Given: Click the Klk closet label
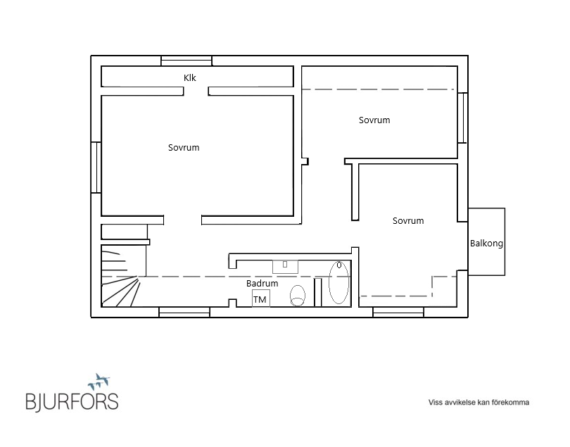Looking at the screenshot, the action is tap(190, 78).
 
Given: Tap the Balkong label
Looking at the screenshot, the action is tap(486, 244).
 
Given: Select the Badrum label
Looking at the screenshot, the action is tap(262, 283).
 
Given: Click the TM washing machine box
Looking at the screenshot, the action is tap(261, 298).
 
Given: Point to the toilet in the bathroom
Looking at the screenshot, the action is tap(298, 296).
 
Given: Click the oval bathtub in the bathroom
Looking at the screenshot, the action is tap(338, 282).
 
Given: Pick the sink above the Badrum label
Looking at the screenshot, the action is tap(286, 267).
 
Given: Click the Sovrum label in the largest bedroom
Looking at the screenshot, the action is tap(184, 148).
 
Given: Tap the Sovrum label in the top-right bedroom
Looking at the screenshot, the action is tap(374, 120).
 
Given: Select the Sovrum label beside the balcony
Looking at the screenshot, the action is tap(408, 221).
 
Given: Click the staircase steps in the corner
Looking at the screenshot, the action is tap(120, 276).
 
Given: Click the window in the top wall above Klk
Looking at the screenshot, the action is tap(186, 61).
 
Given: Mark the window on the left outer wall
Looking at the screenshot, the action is tap(96, 168).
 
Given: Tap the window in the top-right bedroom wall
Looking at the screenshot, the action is tap(462, 118).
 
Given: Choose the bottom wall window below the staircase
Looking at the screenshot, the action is tap(184, 312).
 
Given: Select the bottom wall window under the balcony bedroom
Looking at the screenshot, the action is tap(398, 312).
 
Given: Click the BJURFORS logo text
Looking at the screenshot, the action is tap(72, 401).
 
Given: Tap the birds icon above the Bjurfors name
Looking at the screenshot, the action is tap(99, 381).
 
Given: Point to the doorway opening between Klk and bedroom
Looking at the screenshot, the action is tap(196, 91).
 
